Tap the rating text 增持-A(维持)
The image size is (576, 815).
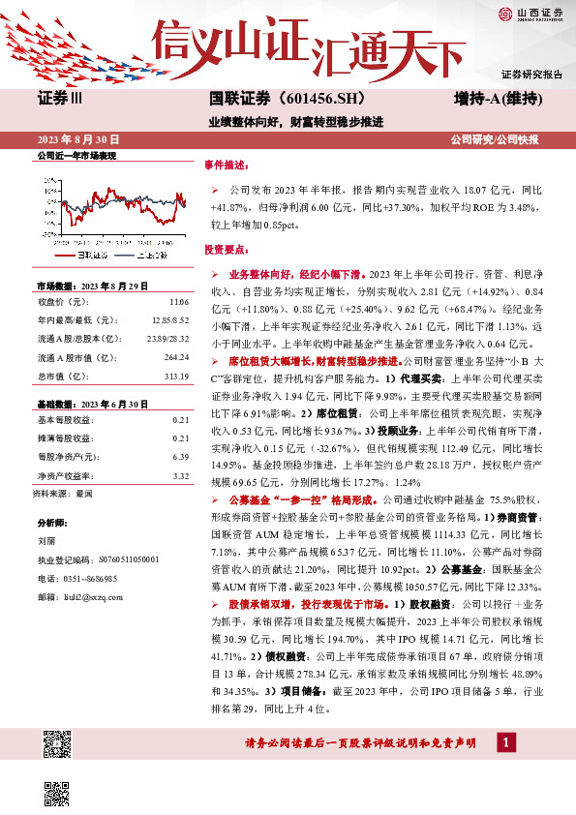pyautogui.click(x=497, y=99)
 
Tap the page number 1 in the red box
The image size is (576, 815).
pyautogui.click(x=504, y=741)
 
